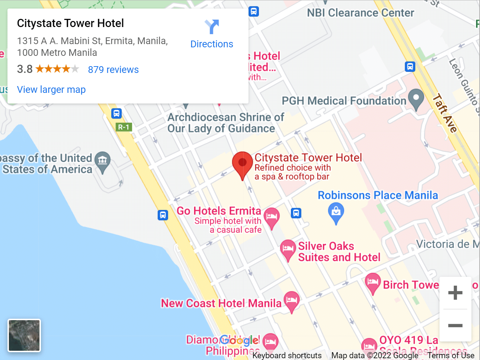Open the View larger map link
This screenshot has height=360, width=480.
pyautogui.click(x=51, y=90)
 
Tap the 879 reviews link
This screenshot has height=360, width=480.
pyautogui.click(x=113, y=70)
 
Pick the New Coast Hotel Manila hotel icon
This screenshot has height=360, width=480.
pyautogui.click(x=292, y=301)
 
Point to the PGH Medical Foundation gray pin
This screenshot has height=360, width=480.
pyautogui.click(x=416, y=98)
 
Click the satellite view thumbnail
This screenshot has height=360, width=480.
pyautogui.click(x=24, y=335)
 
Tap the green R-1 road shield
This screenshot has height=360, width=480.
pyautogui.click(x=124, y=127)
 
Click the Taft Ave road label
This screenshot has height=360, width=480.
pyautogui.click(x=445, y=113)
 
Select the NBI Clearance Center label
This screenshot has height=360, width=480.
pyautogui.click(x=361, y=13)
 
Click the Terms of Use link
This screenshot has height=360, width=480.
pyautogui.click(x=451, y=355)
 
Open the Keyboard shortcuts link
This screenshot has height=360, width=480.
pyautogui.click(x=287, y=355)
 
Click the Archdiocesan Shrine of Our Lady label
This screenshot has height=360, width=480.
pyautogui.click(x=225, y=123)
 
